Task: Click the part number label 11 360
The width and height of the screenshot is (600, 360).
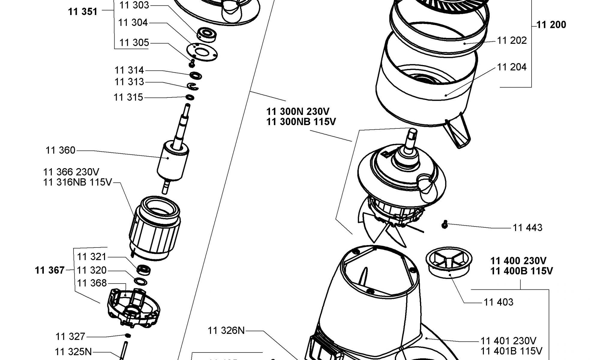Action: (x=60, y=150)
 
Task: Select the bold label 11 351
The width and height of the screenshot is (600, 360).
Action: (x=82, y=12)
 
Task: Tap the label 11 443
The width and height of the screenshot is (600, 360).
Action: (x=527, y=228)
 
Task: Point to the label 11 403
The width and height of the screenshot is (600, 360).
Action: (x=499, y=302)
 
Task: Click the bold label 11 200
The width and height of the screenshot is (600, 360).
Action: (x=551, y=25)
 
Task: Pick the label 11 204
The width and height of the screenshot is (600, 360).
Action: (x=512, y=67)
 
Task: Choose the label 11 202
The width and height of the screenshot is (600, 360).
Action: (x=512, y=40)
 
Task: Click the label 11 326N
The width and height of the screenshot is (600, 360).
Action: (x=226, y=331)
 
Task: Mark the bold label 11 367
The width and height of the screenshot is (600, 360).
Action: (x=50, y=270)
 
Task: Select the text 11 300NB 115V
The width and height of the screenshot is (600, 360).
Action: (x=301, y=122)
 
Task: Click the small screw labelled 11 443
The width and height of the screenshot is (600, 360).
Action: (x=445, y=224)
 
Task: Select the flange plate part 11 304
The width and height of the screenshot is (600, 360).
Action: (x=202, y=52)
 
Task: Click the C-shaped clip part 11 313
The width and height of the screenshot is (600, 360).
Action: (x=192, y=86)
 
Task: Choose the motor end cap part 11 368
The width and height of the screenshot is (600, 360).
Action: (x=133, y=307)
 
